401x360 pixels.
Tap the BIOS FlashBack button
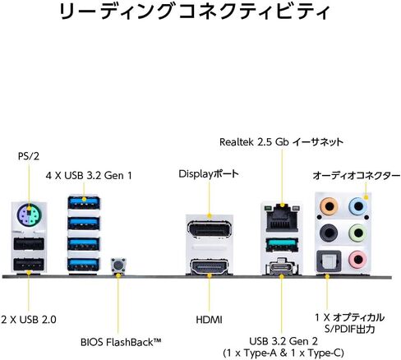118,265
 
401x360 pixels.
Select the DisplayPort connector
210,229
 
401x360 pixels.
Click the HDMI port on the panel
210,266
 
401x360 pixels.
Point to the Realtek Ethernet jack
282,218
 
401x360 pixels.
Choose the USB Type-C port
280,267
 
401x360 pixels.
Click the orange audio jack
329,206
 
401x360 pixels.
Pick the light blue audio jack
358,206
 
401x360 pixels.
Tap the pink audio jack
357,259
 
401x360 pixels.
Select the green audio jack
357,233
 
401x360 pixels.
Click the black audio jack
329,233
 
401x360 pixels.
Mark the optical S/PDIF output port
329,261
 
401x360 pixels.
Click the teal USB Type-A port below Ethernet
282,244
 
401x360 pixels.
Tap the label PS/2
29,156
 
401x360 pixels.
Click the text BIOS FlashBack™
121,342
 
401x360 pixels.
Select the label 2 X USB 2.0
29,319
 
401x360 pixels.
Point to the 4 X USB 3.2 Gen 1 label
89,175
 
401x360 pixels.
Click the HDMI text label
209,320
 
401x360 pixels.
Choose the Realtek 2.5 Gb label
255,142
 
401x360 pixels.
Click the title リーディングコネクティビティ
195,11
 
